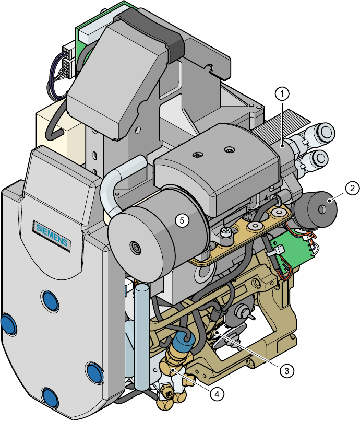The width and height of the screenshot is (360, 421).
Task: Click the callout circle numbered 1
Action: click(282, 93)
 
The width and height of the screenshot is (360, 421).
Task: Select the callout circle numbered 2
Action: click(352, 188)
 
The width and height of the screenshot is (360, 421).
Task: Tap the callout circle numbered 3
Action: click(287, 371)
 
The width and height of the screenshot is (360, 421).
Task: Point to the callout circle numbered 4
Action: click(217, 394)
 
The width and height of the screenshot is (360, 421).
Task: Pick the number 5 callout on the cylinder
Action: click(182, 220)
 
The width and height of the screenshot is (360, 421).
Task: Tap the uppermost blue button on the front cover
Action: click(50, 301)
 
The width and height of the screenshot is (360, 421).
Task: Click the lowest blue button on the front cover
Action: click(50, 398)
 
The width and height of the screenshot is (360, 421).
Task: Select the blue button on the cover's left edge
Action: click(8, 324)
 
